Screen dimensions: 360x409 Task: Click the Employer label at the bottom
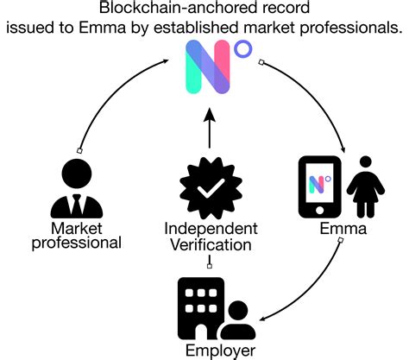coord(220,350)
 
